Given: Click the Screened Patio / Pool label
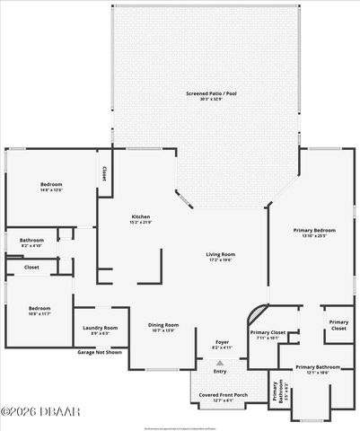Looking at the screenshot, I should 205,93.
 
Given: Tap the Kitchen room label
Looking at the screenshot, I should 141,216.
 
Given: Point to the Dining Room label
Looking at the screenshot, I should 163,325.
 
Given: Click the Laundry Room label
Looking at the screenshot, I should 99,328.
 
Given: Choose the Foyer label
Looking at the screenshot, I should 221,342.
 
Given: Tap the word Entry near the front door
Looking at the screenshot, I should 220,372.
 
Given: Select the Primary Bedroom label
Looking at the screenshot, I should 313,232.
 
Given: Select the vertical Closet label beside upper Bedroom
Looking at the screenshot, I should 104,172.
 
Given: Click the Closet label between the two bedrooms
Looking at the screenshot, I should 31,267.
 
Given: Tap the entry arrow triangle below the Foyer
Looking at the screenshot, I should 220,362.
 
